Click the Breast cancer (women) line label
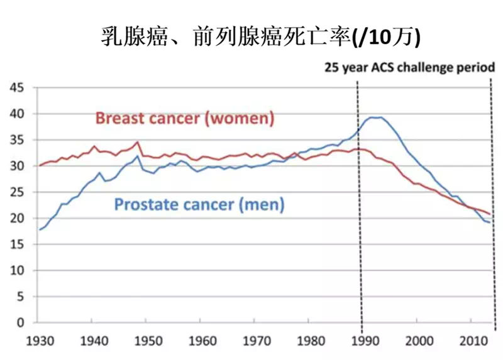(185, 117)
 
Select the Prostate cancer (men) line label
(199, 204)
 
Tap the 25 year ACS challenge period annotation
(409, 67)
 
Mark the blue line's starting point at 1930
(40, 229)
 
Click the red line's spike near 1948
(138, 142)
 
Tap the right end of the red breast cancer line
(490, 215)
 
